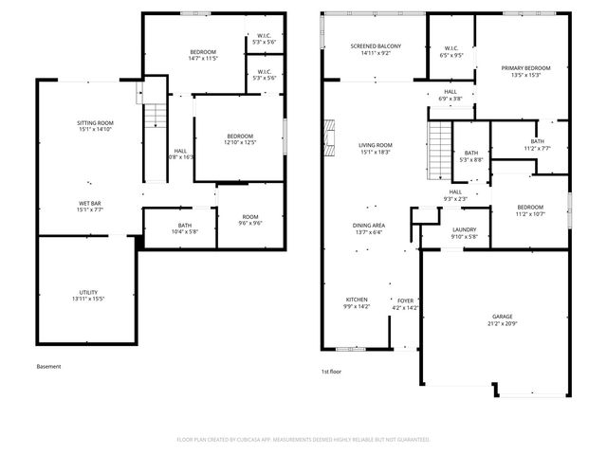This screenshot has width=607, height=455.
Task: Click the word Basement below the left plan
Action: click(x=48, y=367)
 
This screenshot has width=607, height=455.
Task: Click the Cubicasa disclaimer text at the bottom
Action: click(x=303, y=440)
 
